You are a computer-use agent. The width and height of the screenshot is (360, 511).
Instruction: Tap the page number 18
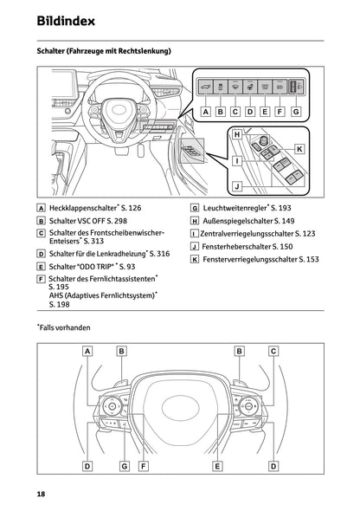[x=42, y=494]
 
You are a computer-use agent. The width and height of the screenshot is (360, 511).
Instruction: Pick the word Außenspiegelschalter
[x=243, y=221]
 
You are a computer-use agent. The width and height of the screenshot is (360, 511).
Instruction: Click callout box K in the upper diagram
[x=299, y=148]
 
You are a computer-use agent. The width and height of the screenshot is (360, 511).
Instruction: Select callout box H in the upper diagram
[x=235, y=134]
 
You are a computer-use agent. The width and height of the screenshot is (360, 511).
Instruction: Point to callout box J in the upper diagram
[x=235, y=184]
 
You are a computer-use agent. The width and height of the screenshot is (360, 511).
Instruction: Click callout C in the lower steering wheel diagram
[x=273, y=351]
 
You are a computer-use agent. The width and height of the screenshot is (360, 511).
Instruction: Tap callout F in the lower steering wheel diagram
[x=144, y=466]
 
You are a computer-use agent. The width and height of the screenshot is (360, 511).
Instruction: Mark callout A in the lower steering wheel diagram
[x=88, y=351]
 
